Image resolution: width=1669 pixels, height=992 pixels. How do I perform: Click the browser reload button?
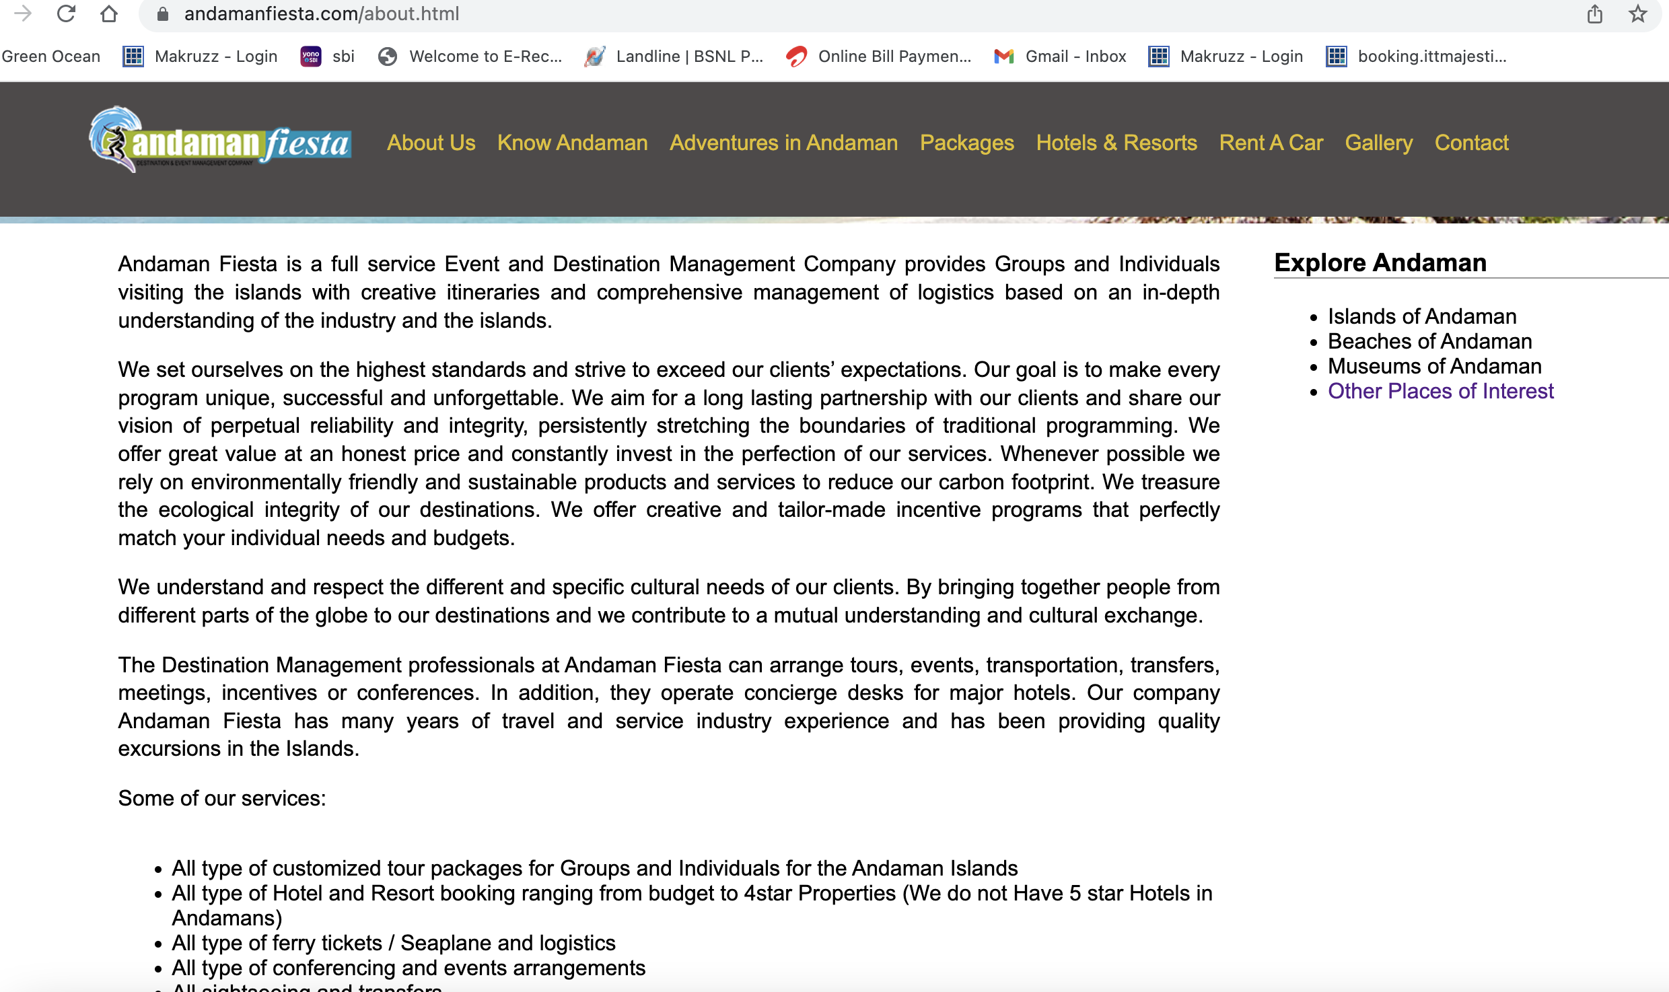pos(66,13)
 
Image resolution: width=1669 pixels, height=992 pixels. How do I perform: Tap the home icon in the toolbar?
pos(109,13)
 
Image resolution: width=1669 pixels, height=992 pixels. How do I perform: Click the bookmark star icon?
pos(1638,13)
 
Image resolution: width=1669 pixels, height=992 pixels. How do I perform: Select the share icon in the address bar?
pos(1595,13)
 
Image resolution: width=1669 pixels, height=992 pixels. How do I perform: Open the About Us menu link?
pos(431,143)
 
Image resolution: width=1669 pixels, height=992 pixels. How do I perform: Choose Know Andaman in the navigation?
pos(572,143)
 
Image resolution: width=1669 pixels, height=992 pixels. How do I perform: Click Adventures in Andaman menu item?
pos(783,143)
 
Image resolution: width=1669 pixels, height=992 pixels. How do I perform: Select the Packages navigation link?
pos(966,143)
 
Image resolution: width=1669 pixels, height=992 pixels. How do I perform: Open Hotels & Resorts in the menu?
pos(1116,143)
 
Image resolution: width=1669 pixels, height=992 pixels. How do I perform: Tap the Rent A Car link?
pos(1271,143)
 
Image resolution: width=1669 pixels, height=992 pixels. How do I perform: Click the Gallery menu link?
pos(1378,143)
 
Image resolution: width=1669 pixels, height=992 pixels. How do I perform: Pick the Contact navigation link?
pos(1471,143)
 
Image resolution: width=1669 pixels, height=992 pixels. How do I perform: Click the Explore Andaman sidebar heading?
pos(1380,262)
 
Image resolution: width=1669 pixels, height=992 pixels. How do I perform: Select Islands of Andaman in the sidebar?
pos(1422,316)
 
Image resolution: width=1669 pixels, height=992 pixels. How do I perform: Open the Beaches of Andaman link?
pos(1429,341)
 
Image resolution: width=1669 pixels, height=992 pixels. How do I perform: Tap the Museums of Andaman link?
pos(1434,366)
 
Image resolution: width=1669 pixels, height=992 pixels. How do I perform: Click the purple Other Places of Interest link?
pos(1440,391)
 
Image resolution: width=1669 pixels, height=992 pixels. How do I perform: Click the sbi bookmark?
pos(343,57)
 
